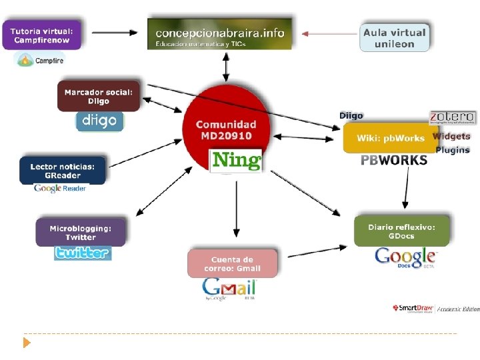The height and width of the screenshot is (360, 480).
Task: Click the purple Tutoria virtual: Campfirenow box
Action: [45, 35]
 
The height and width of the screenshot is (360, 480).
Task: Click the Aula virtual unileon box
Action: [394, 37]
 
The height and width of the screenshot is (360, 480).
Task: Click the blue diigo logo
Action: [99, 121]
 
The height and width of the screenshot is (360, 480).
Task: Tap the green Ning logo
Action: [236, 161]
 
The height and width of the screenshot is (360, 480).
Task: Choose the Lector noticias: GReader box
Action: [63, 171]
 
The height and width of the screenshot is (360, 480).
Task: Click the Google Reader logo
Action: [60, 188]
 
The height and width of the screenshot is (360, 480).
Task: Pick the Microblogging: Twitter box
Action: [81, 233]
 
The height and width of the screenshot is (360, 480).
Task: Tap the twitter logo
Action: [83, 253]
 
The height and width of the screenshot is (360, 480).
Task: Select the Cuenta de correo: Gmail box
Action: [232, 264]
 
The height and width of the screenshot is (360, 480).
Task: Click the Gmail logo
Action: [229, 289]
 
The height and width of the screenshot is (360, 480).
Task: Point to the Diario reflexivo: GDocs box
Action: [401, 231]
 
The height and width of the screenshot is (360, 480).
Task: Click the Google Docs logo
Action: [405, 257]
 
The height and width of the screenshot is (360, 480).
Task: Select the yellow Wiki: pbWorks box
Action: [390, 138]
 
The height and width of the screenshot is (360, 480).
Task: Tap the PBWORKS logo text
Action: [394, 160]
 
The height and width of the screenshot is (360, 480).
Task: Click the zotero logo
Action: [452, 117]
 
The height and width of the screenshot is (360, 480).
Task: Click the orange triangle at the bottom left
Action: [27, 343]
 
